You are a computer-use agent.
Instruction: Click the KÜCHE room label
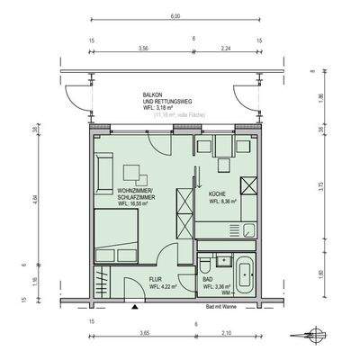[x=217, y=193]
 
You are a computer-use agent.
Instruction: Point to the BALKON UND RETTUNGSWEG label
[x=165, y=100]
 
